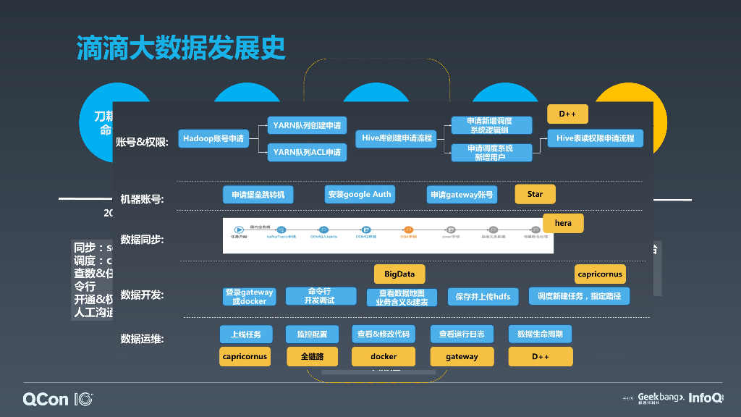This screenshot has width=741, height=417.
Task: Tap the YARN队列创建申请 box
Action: [307, 125]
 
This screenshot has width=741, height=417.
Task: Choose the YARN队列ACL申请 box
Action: [307, 153]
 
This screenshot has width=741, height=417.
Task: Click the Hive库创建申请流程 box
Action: [397, 138]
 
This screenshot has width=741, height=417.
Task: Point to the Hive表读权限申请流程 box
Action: [595, 138]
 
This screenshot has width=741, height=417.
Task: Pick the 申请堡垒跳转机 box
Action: [258, 194]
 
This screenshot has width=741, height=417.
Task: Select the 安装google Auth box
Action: [360, 194]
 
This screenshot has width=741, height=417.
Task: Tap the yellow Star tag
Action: [535, 194]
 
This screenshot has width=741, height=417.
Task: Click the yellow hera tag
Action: [563, 223]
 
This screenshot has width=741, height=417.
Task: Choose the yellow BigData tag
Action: [399, 274]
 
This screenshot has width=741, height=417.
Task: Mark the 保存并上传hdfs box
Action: [483, 296]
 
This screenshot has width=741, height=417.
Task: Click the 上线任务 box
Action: [246, 334]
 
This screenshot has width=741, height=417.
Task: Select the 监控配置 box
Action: [312, 334]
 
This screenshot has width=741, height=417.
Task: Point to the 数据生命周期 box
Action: [540, 334]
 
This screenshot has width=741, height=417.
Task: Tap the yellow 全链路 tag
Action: [312, 356]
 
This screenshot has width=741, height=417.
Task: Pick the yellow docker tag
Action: [384, 356]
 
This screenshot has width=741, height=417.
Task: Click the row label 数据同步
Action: [142, 240]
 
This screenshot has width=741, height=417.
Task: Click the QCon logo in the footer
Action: [58, 399]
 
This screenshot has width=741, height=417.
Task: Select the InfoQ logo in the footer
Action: [705, 397]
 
